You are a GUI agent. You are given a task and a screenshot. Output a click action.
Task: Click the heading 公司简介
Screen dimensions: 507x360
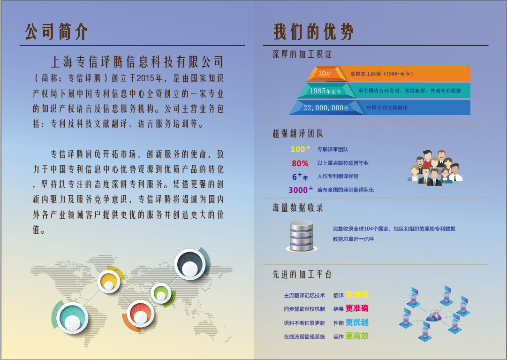56,32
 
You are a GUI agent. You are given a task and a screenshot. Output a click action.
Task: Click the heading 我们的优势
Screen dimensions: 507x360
313,32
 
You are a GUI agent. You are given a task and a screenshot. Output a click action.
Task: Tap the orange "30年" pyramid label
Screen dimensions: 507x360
325,73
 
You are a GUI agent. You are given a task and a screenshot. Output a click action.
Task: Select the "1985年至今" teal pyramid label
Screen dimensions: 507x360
325,91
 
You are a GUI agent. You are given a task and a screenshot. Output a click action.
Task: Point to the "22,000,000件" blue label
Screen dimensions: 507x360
326,107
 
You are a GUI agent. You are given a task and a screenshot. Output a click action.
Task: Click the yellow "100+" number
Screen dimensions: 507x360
300,149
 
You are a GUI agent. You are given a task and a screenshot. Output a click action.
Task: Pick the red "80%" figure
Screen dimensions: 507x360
300,163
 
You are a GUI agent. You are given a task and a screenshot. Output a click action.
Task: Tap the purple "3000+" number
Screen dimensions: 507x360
301,190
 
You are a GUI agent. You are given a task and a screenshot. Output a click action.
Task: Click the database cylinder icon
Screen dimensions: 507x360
302,236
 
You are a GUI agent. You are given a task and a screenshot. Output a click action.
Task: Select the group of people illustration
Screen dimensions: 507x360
435,168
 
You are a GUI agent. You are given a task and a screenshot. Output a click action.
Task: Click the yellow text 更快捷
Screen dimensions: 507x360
357,295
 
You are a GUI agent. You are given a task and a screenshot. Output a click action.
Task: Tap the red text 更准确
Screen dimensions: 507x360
357,308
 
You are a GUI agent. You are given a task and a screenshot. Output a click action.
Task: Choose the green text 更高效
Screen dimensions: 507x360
357,336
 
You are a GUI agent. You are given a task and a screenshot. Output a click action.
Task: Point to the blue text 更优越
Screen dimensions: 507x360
357,322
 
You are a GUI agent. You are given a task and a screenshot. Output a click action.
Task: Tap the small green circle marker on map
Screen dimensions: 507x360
161,293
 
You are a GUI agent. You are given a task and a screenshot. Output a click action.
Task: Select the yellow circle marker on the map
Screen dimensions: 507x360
109,282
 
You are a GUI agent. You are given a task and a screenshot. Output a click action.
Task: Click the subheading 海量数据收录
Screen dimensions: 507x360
298,207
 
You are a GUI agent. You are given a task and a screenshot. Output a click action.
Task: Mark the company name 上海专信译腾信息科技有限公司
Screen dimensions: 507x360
137,62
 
